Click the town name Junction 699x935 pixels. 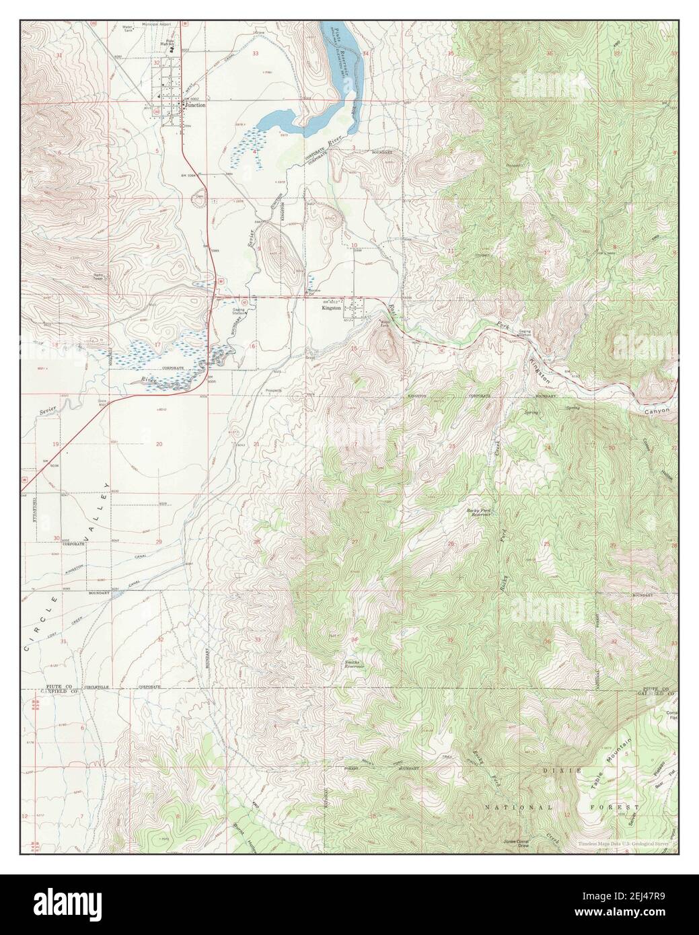coord(196,106)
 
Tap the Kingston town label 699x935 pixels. coord(332,308)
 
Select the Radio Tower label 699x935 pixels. coord(102,277)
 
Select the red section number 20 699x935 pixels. coord(159,444)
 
